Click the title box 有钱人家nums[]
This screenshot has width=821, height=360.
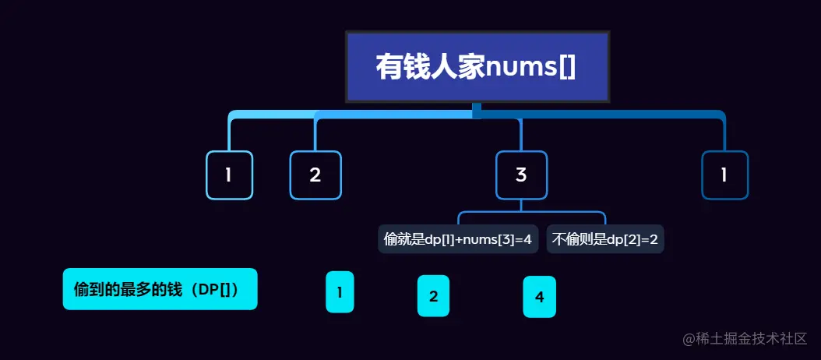[477, 67]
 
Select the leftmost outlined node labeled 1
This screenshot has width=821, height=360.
[229, 175]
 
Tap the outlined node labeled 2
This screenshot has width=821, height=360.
[315, 175]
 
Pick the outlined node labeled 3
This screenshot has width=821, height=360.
[521, 175]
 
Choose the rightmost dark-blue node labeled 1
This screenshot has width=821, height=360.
[724, 175]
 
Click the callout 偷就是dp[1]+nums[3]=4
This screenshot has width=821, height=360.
[458, 239]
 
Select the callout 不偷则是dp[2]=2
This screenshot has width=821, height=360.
[604, 239]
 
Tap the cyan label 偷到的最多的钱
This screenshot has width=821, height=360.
[160, 289]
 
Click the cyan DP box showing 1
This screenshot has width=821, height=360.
[340, 292]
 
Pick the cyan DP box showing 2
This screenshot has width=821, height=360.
[434, 296]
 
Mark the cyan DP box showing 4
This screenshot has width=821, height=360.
[539, 296]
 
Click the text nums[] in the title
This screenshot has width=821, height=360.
[530, 67]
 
